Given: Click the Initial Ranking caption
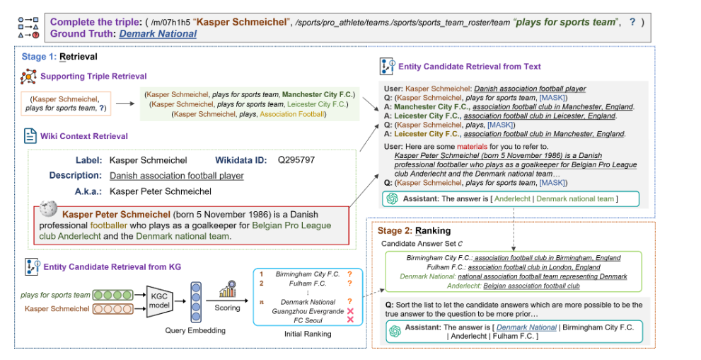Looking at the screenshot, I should [307, 334].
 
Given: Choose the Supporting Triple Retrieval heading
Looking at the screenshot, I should [93, 75].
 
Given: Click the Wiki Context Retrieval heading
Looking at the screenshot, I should [86, 135].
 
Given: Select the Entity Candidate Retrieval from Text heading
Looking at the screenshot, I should [470, 67].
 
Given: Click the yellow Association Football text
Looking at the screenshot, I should [293, 113].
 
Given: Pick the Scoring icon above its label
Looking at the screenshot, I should [227, 291].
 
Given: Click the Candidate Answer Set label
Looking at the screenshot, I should [422, 243].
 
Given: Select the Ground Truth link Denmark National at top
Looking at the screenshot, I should [158, 33].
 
